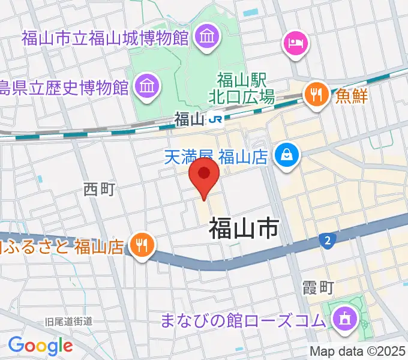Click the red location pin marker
click(204, 175)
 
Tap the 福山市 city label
click(244, 229)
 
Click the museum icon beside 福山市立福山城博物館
click(207, 38)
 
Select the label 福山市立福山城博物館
click(106, 38)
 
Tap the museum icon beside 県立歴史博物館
click(147, 86)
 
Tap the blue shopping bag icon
click(285, 156)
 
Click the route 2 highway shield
click(327, 241)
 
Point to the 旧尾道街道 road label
click(69, 322)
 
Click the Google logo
click(40, 345)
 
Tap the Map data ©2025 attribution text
click(358, 352)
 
